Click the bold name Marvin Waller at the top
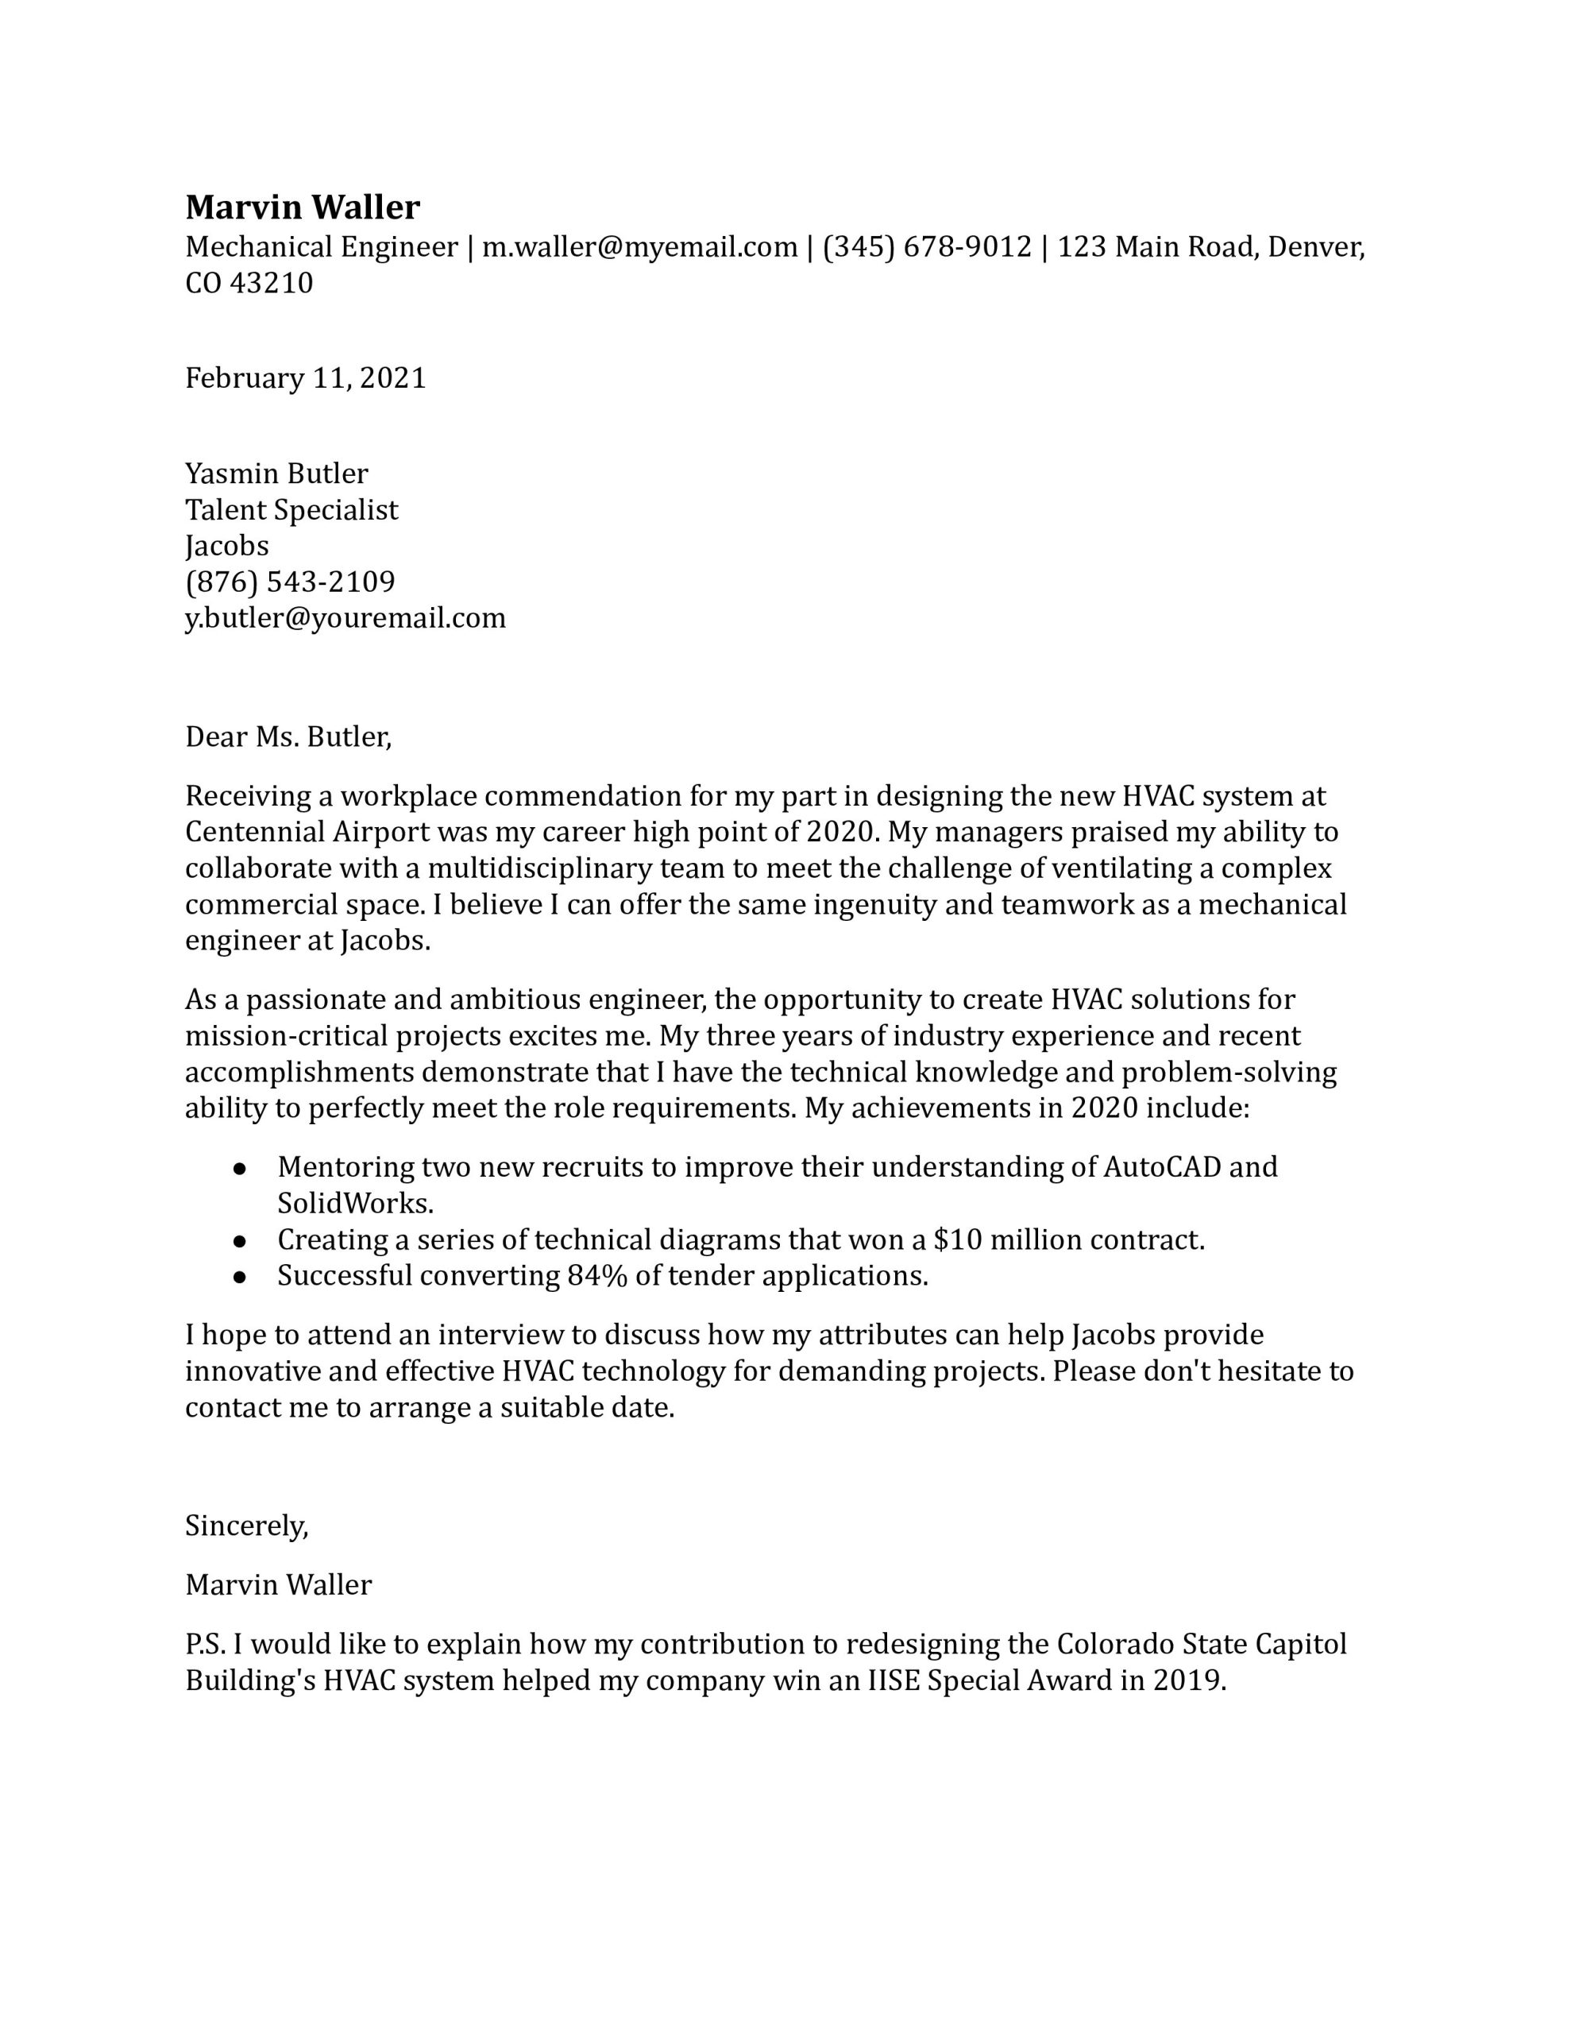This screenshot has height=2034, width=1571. (303, 207)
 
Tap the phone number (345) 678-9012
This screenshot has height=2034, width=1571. (928, 247)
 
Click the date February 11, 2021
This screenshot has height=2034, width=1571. (306, 378)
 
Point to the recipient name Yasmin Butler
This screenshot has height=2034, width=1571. (276, 474)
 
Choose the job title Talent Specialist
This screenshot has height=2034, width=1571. (291, 510)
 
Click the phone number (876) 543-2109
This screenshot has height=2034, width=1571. (291, 582)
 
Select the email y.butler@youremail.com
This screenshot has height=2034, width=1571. (345, 618)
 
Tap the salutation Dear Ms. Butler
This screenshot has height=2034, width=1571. (288, 737)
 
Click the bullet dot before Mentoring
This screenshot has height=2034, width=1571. (239, 1169)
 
